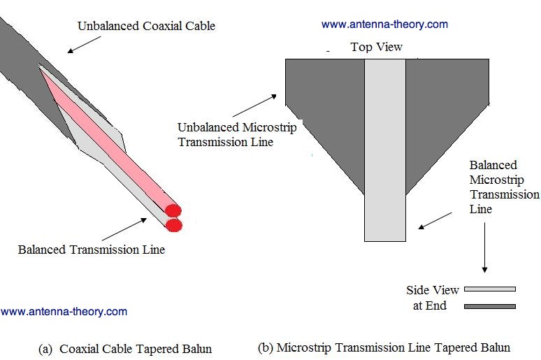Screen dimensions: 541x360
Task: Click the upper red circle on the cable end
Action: (x=173, y=210)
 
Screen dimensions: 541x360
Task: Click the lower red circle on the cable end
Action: (x=174, y=225)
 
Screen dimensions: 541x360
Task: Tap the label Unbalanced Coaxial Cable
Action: (x=146, y=26)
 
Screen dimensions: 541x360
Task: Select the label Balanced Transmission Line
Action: (x=92, y=250)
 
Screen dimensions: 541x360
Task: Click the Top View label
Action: (x=377, y=47)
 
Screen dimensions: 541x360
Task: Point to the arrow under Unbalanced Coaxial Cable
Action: (x=84, y=45)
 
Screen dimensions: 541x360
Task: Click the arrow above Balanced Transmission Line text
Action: (x=124, y=229)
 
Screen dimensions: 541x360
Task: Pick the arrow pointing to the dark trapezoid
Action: (x=254, y=106)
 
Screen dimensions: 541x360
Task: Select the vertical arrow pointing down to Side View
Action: (x=485, y=247)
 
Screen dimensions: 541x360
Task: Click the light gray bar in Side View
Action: (x=490, y=289)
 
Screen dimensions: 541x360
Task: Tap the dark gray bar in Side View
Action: (x=490, y=306)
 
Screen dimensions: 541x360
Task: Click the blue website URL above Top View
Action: (x=384, y=24)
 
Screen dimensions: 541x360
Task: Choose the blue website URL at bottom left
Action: (x=64, y=311)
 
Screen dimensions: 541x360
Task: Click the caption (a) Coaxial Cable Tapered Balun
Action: (x=125, y=349)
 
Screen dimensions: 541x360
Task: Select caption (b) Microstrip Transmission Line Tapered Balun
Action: (x=384, y=347)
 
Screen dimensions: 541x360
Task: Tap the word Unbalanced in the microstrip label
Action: (x=208, y=127)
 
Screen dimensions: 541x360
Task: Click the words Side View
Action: (x=433, y=289)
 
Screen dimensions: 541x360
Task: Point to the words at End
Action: (x=430, y=305)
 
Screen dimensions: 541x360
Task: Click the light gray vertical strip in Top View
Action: (x=385, y=150)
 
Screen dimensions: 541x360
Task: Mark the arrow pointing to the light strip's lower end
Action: (x=435, y=221)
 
